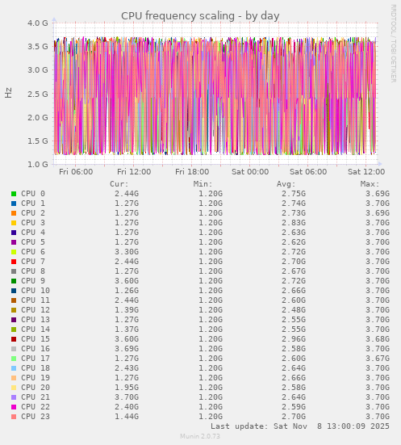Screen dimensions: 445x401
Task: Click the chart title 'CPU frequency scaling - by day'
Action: tap(200, 15)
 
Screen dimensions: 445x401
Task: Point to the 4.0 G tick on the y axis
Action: tap(37, 23)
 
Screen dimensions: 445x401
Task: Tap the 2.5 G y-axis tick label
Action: tap(37, 94)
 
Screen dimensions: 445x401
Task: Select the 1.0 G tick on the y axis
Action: tap(37, 165)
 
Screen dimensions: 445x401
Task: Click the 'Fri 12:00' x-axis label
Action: tap(134, 171)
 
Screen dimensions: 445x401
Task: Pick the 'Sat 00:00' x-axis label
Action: tap(250, 171)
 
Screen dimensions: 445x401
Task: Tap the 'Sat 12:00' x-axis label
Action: tap(366, 171)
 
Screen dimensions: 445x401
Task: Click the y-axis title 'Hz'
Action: tap(9, 93)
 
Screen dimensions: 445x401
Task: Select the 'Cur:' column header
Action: tap(119, 184)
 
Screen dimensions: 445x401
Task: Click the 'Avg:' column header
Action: tap(286, 184)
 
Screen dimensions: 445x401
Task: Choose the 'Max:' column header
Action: tap(370, 184)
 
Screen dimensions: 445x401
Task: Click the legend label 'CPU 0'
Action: tap(33, 194)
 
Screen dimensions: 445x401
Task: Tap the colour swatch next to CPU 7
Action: tap(14, 262)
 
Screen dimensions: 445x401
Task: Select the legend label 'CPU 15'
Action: tap(36, 339)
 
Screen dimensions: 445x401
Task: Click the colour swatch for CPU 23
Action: tap(14, 417)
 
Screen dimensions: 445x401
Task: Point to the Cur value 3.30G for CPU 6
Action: tap(126, 252)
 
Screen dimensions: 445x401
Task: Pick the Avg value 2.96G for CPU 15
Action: tap(293, 339)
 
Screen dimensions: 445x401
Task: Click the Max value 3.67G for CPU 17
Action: tap(377, 359)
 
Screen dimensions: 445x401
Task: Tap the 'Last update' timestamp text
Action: tap(300, 426)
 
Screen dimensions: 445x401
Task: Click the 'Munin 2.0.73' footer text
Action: tap(200, 436)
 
